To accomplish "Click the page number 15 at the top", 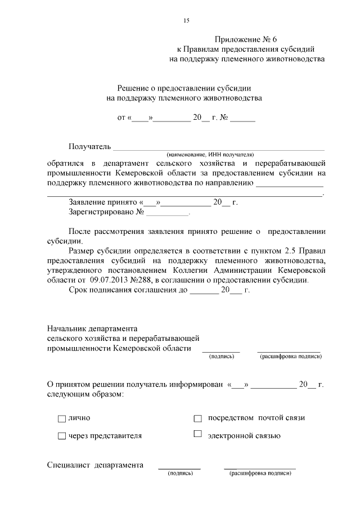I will [x=186, y=21].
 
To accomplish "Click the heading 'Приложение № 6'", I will [x=246, y=39].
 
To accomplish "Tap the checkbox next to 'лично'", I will [x=61, y=418].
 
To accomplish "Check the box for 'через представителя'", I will [x=61, y=436].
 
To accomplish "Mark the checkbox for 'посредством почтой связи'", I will [x=197, y=418].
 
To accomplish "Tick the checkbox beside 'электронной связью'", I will [x=197, y=434].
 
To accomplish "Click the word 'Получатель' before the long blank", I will [x=90, y=147].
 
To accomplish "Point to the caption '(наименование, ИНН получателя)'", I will [x=210, y=154].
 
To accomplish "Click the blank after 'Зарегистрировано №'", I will [x=168, y=213].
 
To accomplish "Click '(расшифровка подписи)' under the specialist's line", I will [x=260, y=474].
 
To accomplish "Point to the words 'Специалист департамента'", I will [x=94, y=465].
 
